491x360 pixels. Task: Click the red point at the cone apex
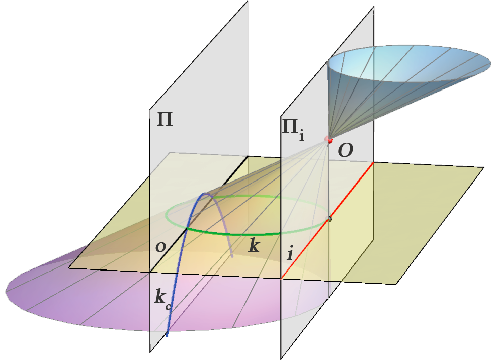pyautogui.click(x=329, y=139)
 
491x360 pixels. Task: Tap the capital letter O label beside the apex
pyautogui.click(x=346, y=151)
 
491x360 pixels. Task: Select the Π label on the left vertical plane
pyautogui.click(x=165, y=120)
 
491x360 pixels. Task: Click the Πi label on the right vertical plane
pyautogui.click(x=293, y=129)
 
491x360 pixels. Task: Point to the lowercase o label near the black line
pyautogui.click(x=160, y=247)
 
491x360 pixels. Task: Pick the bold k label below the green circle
pyautogui.click(x=254, y=245)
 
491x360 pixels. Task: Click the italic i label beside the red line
pyautogui.click(x=290, y=253)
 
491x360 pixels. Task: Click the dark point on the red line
pyautogui.click(x=329, y=219)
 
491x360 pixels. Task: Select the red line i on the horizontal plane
pyautogui.click(x=328, y=220)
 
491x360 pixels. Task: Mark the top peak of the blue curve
pyautogui.click(x=205, y=194)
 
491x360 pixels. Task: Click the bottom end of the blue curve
pyautogui.click(x=167, y=335)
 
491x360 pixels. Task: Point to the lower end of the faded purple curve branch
pyautogui.click(x=232, y=256)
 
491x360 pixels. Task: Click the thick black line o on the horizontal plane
pyautogui.click(x=199, y=214)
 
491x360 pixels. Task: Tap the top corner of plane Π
pyautogui.click(x=248, y=1)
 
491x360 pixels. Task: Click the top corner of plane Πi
pyautogui.click(x=374, y=7)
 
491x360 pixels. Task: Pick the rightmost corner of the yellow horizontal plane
pyautogui.click(x=484, y=168)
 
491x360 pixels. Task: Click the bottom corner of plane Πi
pyautogui.click(x=281, y=359)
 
